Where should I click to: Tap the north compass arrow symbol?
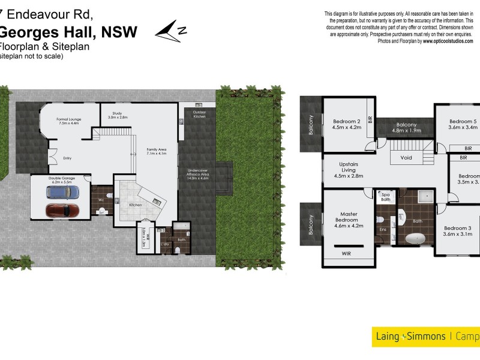pos(172,31)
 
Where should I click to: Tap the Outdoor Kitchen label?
pos(199,114)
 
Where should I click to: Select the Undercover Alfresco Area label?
pos(198,174)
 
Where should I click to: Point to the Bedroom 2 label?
pos(346,124)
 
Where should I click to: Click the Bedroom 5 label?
pos(462,124)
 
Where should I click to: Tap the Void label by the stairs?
pos(406,159)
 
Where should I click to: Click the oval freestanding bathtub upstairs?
pos(416,238)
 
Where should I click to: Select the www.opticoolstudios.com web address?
pos(447,41)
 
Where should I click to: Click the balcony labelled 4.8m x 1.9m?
pos(404,127)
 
